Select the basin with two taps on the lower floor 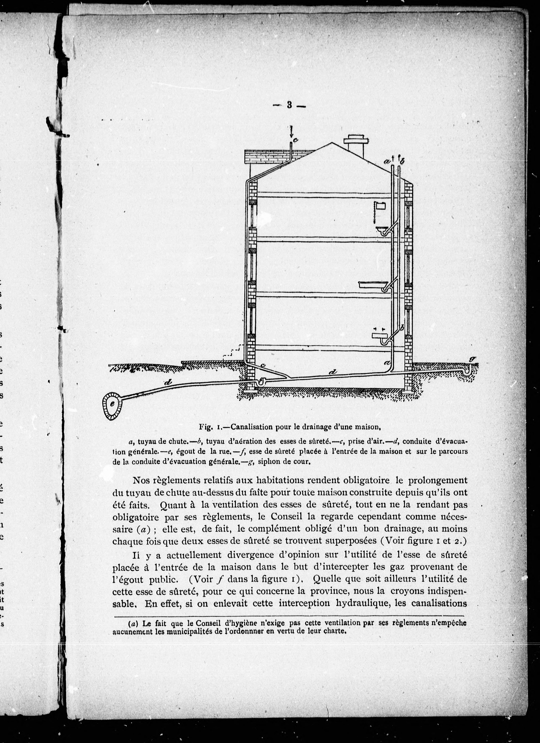point(380,336)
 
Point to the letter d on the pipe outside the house point(168,382)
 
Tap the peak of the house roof point(332,143)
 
